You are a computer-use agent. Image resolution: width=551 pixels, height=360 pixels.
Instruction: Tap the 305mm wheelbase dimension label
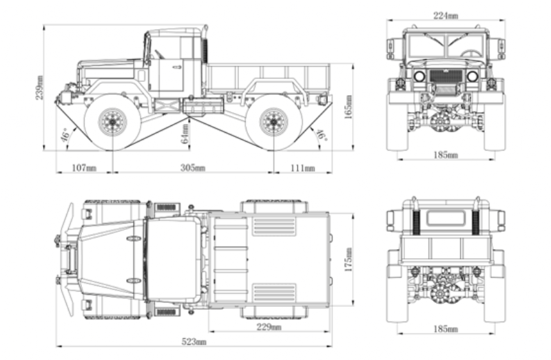click(193, 168)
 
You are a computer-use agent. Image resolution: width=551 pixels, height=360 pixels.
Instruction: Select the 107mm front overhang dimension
click(84, 168)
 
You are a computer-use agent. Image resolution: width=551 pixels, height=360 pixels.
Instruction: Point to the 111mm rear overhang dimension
click(302, 168)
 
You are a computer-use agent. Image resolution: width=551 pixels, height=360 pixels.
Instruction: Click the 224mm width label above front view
click(446, 15)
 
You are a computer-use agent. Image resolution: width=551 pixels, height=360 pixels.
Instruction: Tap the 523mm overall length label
click(194, 341)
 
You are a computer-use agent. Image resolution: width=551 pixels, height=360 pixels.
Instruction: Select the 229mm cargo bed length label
click(268, 327)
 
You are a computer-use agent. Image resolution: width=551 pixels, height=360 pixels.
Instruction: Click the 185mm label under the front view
click(446, 156)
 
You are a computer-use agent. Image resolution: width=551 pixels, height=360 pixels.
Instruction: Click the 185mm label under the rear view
click(446, 330)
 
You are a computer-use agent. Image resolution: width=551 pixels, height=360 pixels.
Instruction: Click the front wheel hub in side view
click(110, 122)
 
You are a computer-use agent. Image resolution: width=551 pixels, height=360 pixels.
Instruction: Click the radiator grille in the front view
click(446, 80)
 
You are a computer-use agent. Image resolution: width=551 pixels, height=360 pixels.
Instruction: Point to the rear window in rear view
click(446, 218)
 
